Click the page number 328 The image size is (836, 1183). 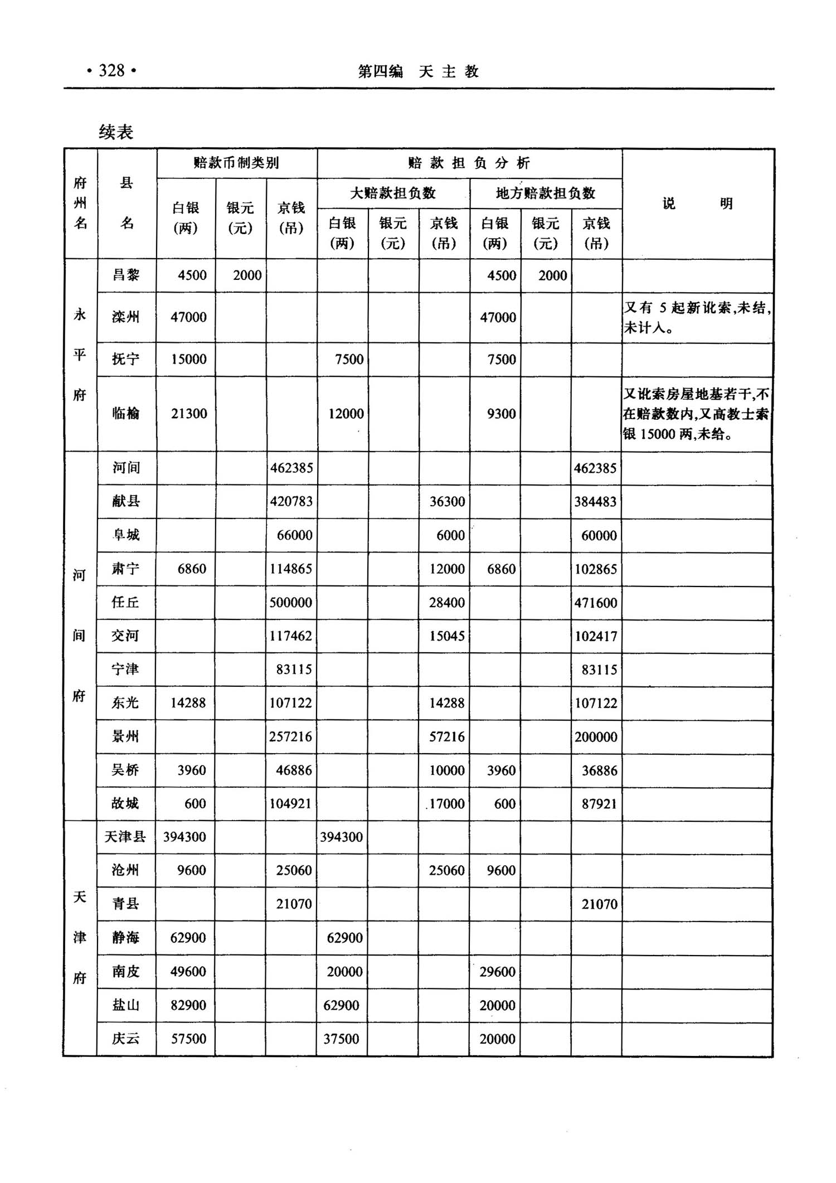tap(111, 71)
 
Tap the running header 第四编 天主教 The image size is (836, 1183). tap(418, 71)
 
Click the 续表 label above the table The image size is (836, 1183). tap(116, 132)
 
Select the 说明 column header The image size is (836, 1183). tap(697, 203)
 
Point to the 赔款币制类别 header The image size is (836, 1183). tap(236, 163)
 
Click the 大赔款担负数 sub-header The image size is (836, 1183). tap(393, 193)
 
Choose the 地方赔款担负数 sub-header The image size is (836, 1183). tap(546, 193)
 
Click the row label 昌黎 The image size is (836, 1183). tap(126, 275)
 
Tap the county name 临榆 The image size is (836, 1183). tap(126, 413)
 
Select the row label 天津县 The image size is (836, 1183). tap(125, 837)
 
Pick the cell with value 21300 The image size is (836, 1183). tap(189, 414)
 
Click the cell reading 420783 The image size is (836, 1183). tap(291, 501)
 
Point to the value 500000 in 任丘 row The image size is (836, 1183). tap(291, 602)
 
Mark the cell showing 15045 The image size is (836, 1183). tap(446, 636)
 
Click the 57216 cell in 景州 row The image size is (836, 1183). tap(446, 736)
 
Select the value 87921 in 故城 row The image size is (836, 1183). tap(599, 804)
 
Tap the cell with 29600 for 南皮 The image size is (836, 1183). tap(497, 972)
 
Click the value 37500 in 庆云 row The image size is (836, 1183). tap(341, 1039)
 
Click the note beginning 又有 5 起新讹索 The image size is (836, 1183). tap(697, 317)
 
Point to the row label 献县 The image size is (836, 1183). tap(126, 501)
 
